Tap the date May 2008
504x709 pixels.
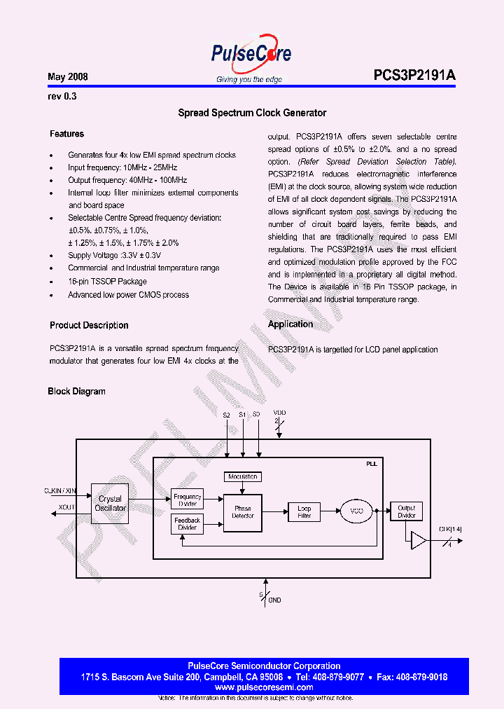tap(68, 76)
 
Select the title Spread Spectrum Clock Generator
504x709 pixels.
tap(252, 113)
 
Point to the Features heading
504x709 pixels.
tap(66, 134)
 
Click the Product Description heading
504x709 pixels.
tap(89, 325)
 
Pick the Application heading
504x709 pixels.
tap(290, 324)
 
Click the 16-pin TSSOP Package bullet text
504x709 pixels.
tap(107, 282)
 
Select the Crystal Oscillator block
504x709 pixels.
tap(111, 504)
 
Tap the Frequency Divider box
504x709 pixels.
tap(187, 500)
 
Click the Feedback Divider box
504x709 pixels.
tap(187, 523)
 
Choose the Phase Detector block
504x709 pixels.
tap(243, 512)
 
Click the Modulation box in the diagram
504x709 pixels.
tap(243, 476)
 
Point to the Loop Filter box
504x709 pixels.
tap(304, 512)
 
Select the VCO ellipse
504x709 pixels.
tap(357, 512)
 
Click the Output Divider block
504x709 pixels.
tap(406, 512)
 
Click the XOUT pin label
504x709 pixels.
tap(66, 507)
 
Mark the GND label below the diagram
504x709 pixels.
tap(274, 600)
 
